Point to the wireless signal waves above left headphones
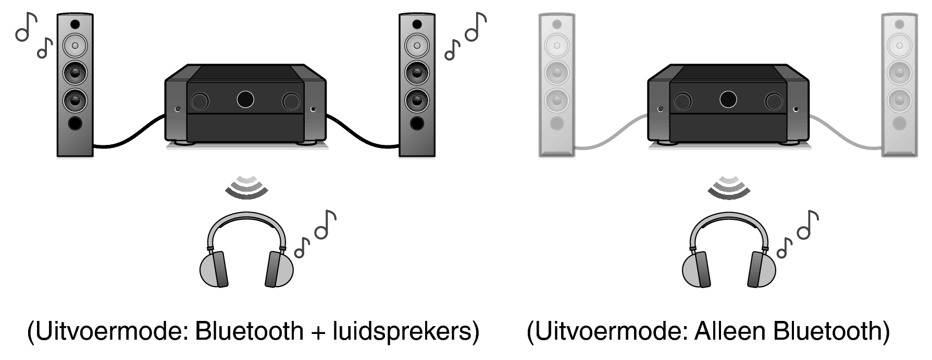click(246, 187)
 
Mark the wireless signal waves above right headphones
click(728, 187)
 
